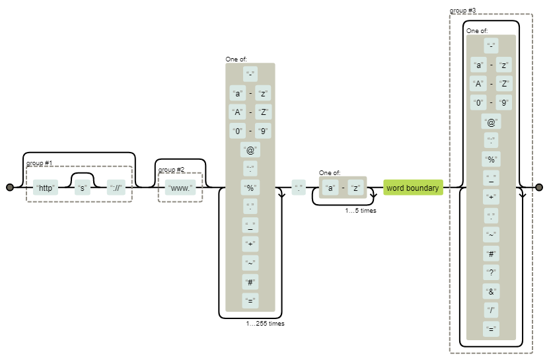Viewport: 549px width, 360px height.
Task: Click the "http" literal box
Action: [x=46, y=188]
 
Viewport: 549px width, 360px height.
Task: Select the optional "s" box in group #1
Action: [x=83, y=188]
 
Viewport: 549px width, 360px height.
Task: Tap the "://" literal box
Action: [x=116, y=188]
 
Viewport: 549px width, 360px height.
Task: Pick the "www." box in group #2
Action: [x=180, y=188]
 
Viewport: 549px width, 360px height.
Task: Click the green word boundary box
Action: [x=413, y=188]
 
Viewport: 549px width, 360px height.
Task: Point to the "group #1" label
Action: [x=40, y=162]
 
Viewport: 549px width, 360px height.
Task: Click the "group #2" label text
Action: [x=172, y=170]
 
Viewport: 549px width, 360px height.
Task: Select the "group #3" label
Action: [x=462, y=11]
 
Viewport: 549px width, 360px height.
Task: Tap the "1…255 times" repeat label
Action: [x=265, y=324]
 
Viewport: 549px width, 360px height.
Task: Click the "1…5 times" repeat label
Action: [x=361, y=211]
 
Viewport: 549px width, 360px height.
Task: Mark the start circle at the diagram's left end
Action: [x=10, y=188]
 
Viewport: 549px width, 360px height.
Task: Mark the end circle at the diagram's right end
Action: [x=539, y=188]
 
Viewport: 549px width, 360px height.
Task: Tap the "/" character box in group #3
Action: [x=491, y=310]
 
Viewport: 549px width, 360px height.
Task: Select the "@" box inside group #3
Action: [x=491, y=122]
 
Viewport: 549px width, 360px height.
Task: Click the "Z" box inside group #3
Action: [x=504, y=84]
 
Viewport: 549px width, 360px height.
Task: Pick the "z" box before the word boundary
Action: [x=356, y=188]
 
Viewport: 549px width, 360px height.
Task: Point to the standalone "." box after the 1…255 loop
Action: [x=299, y=188]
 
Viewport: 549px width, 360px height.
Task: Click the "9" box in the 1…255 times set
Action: [x=264, y=131]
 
